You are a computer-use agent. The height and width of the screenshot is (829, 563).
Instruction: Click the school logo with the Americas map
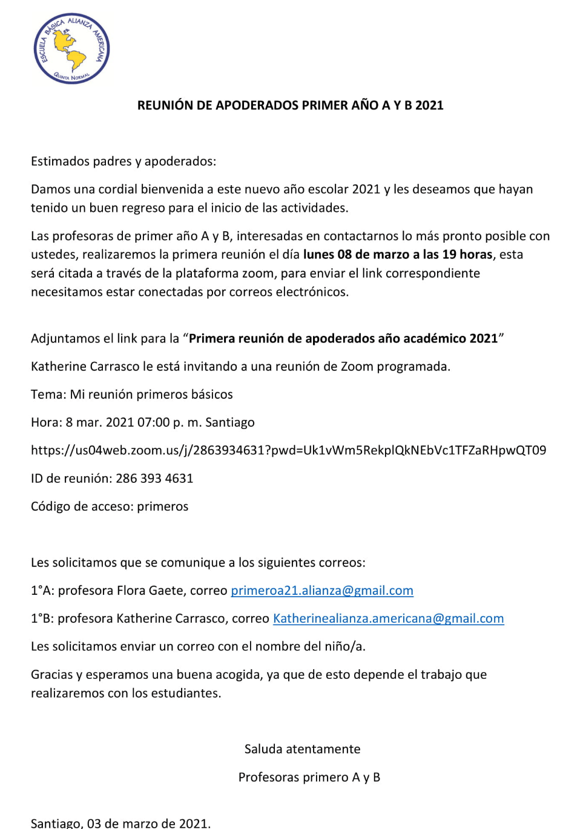point(71,48)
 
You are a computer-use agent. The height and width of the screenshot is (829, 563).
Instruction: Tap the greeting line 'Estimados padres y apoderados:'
point(123,162)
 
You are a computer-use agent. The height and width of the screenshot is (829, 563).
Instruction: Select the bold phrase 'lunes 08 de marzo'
point(356,255)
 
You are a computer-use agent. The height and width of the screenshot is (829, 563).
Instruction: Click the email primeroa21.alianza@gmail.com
point(322,591)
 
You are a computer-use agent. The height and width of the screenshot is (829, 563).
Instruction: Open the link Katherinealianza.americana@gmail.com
point(388,618)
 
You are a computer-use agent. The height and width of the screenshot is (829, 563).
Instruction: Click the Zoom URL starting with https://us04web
point(288,450)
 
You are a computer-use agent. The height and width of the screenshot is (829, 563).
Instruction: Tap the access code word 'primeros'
point(162,506)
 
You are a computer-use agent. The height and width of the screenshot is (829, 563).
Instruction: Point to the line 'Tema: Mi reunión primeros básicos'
point(132,395)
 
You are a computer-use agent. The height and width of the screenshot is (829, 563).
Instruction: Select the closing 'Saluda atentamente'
point(302,749)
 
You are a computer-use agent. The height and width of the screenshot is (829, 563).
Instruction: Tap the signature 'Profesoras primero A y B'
point(309,777)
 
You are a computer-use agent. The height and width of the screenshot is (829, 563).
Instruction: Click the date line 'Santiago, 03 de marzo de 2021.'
point(121,823)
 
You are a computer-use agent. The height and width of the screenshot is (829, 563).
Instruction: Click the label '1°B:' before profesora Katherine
point(42,618)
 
